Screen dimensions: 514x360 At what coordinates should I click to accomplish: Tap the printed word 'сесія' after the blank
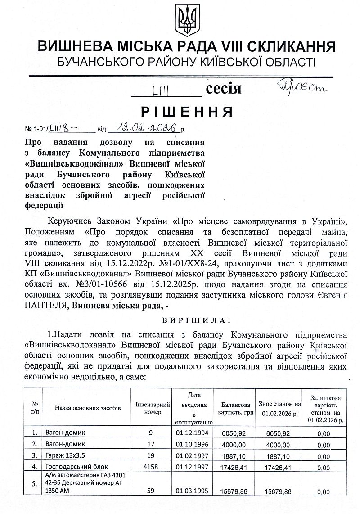tap(224, 89)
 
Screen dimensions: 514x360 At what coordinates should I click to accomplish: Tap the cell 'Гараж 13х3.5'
tap(65, 455)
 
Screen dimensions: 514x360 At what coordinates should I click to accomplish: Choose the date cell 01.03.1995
tap(192, 491)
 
